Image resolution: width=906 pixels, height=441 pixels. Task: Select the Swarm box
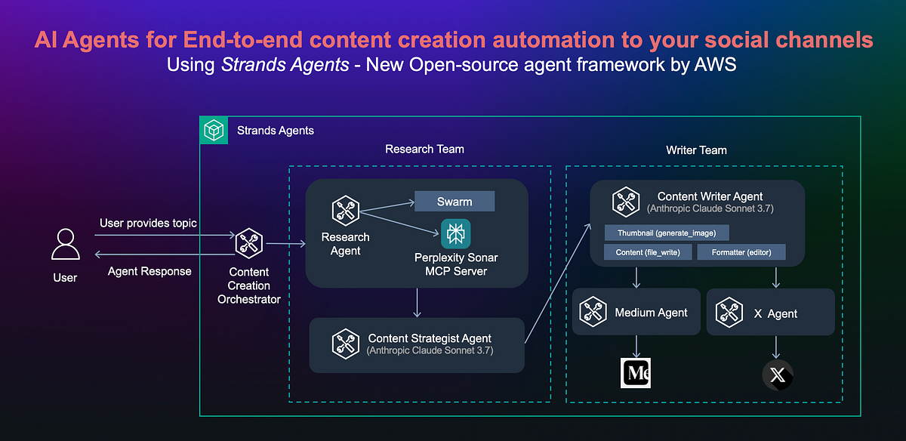point(455,202)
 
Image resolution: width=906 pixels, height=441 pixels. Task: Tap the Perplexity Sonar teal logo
point(455,233)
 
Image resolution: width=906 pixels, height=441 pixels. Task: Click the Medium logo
point(636,373)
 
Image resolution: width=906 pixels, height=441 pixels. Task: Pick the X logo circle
point(777,375)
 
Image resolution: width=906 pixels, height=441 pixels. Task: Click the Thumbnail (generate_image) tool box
point(667,233)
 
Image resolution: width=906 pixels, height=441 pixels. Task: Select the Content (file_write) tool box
point(649,252)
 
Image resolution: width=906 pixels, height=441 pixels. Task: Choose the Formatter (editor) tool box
point(741,252)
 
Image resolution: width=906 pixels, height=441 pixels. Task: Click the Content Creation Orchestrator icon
point(248,244)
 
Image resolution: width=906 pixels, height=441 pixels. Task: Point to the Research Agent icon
point(345,211)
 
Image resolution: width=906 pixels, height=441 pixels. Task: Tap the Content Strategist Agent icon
point(346,344)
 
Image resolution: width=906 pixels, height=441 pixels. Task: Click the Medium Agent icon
point(593,312)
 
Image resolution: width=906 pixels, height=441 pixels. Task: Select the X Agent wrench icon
point(729,313)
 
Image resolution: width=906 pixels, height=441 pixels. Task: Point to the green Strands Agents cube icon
point(214,131)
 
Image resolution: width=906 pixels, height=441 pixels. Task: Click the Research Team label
point(424,149)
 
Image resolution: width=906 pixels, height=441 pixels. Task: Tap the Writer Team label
point(696,150)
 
